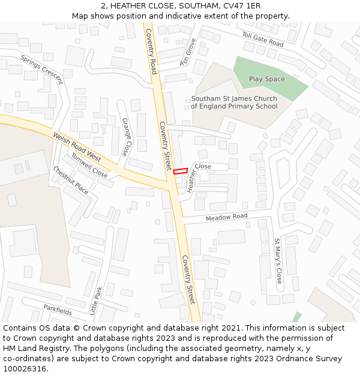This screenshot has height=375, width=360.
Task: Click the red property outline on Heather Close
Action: tap(181, 171)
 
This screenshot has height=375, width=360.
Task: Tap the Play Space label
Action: tap(267, 79)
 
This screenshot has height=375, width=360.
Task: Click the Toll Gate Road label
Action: tap(263, 40)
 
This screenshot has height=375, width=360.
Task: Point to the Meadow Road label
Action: tap(226, 217)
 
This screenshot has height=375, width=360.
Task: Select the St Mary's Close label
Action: tap(278, 260)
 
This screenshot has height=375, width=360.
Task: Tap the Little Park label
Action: tap(96, 301)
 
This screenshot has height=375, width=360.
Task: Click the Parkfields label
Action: tap(58, 310)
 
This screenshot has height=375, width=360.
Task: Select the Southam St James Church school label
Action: tap(234, 103)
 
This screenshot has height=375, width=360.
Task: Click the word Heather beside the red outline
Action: tap(192, 181)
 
